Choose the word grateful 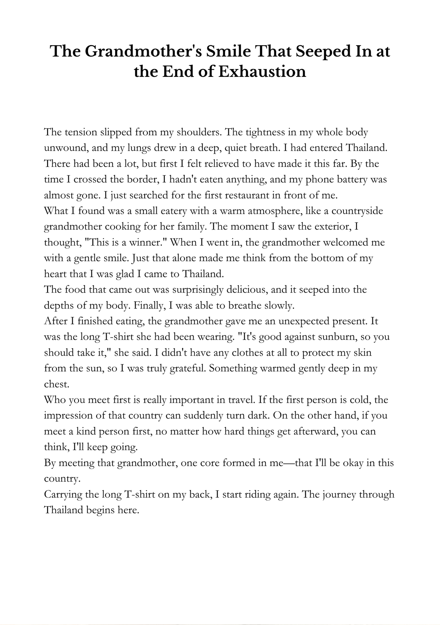click(x=187, y=368)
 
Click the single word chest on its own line click(x=56, y=384)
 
